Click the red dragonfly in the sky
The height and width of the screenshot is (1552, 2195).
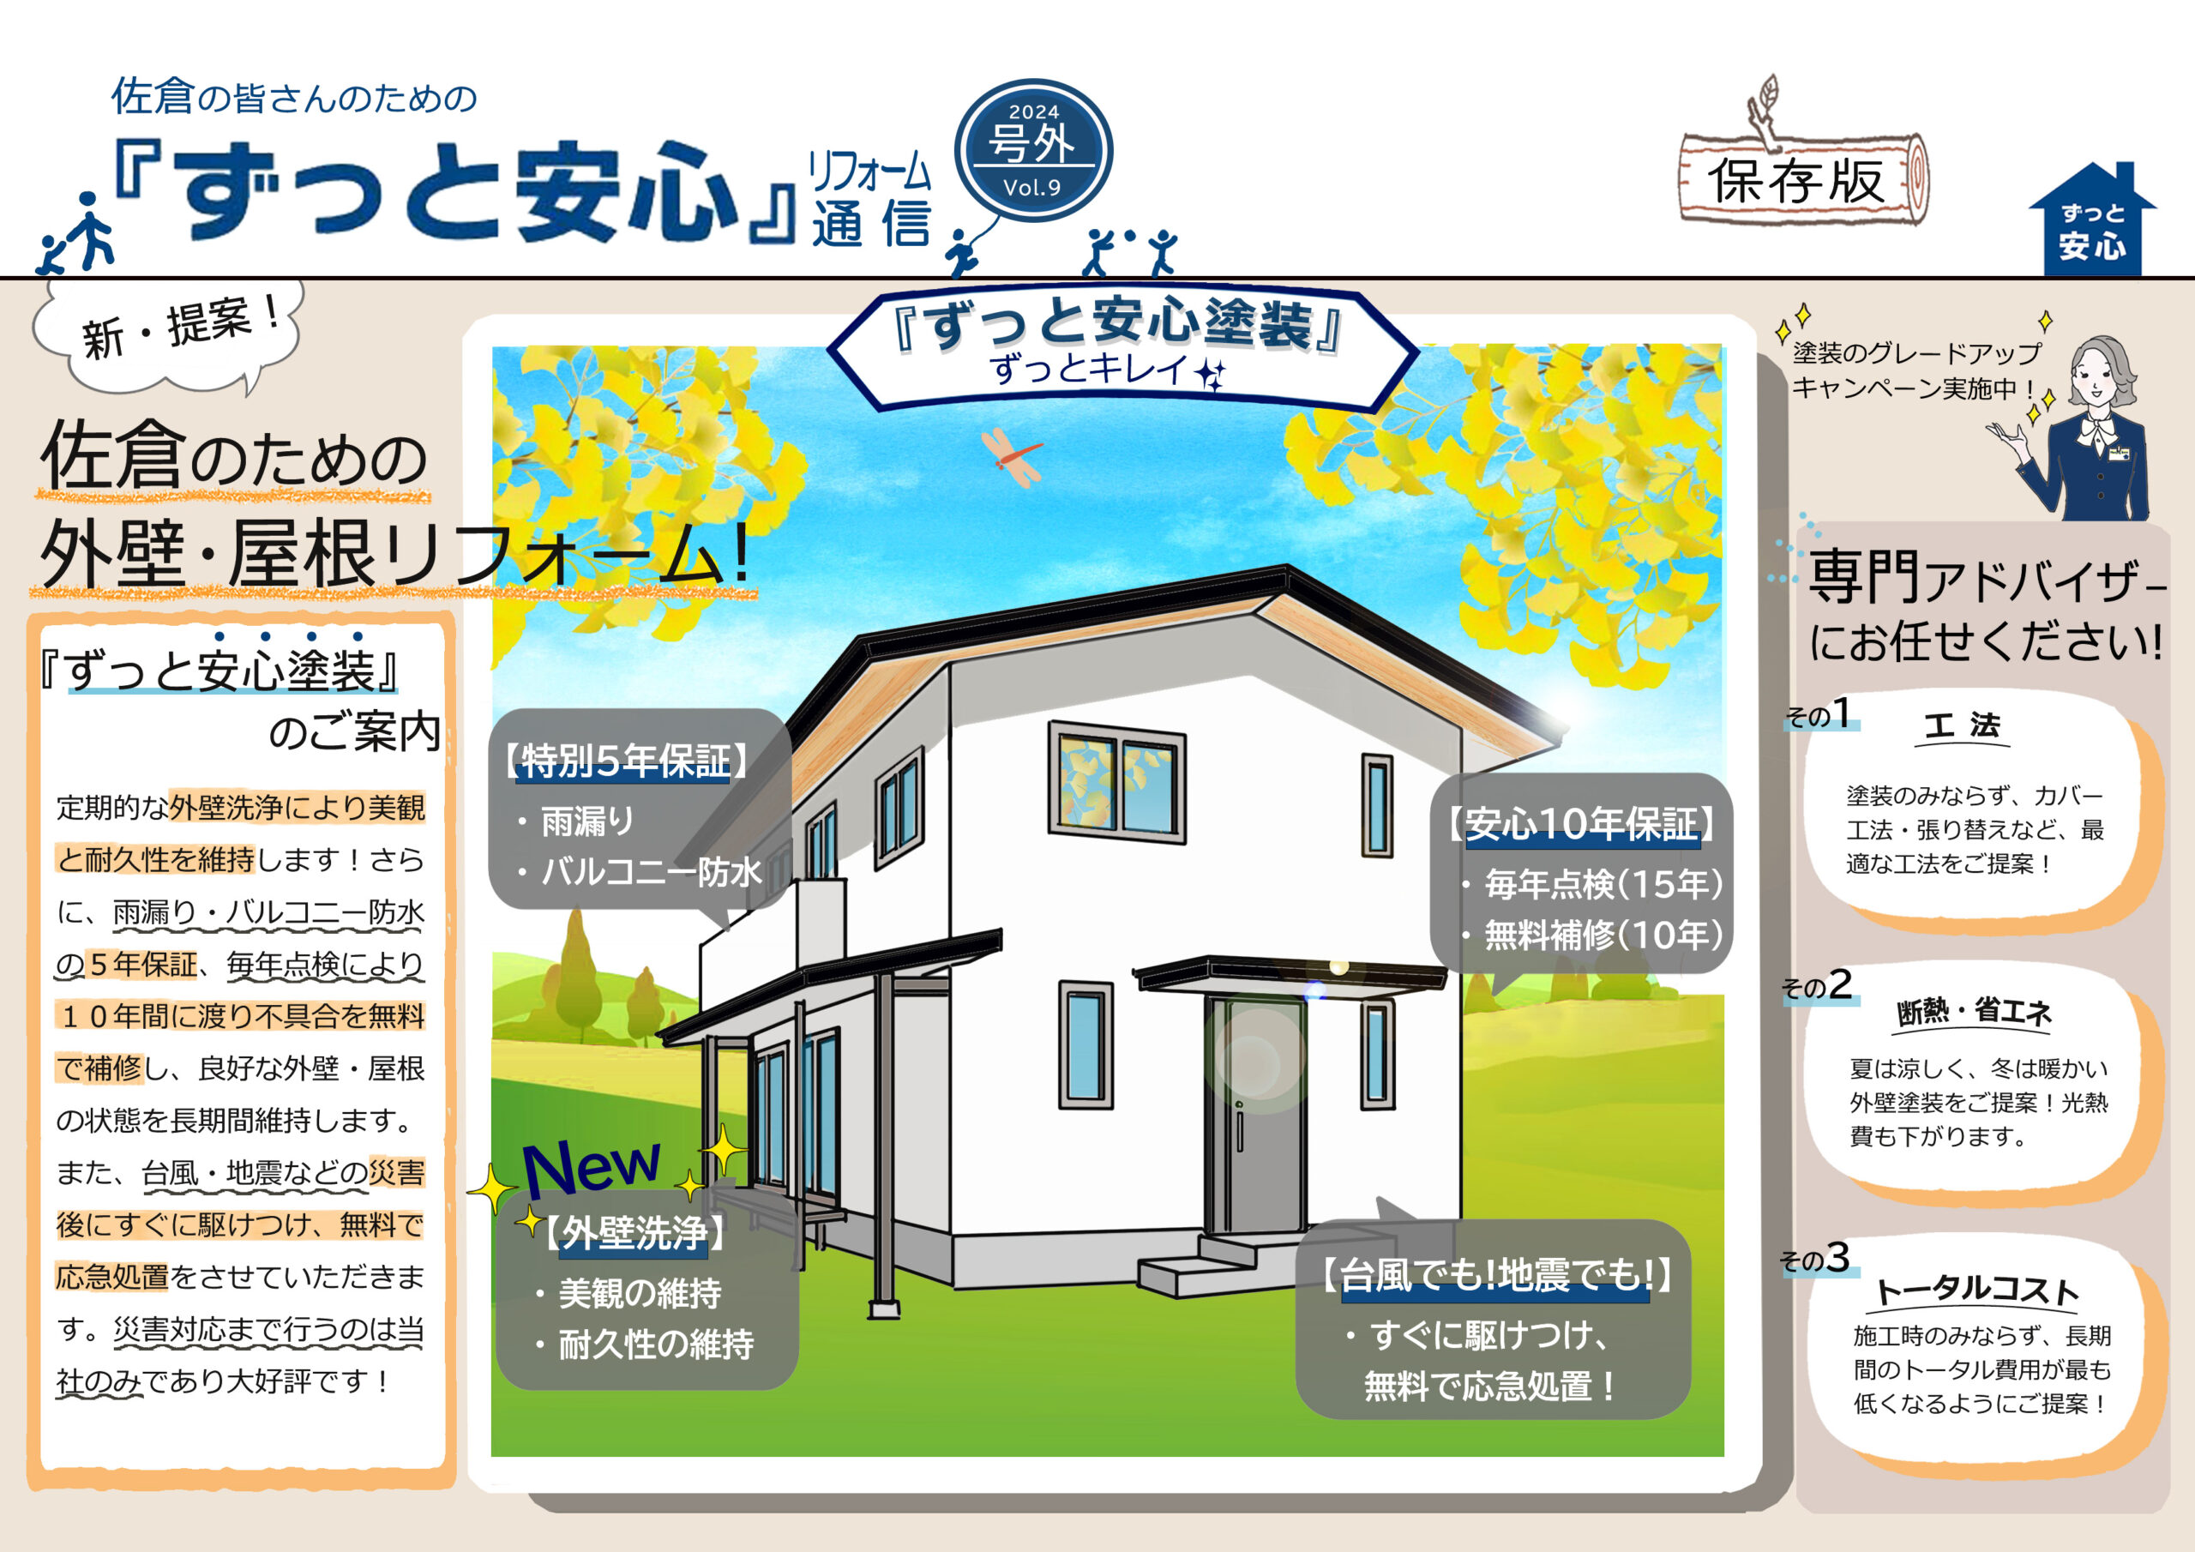1011,458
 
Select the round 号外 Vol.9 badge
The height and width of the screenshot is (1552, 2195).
1032,150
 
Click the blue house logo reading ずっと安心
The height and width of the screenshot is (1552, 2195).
2092,222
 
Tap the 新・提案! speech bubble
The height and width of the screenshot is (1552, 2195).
168,334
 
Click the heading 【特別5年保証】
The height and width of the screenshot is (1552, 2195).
625,761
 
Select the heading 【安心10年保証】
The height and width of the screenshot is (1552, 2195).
1581,824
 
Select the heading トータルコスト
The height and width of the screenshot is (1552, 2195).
1977,1290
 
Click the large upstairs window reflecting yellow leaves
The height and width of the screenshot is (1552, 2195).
1116,782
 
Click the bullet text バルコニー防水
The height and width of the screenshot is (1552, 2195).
651,871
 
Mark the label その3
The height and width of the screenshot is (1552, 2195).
1814,1259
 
